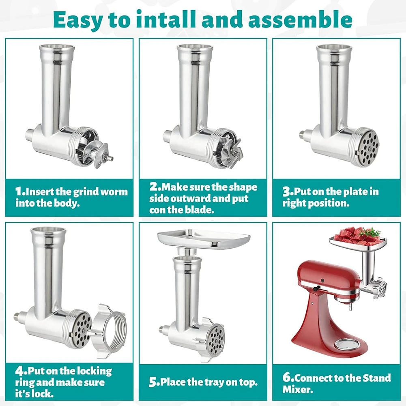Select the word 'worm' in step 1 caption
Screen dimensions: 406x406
point(115,191)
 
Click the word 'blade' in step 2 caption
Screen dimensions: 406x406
point(201,210)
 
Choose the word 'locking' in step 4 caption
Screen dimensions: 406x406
point(93,371)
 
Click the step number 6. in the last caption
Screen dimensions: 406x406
point(288,378)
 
